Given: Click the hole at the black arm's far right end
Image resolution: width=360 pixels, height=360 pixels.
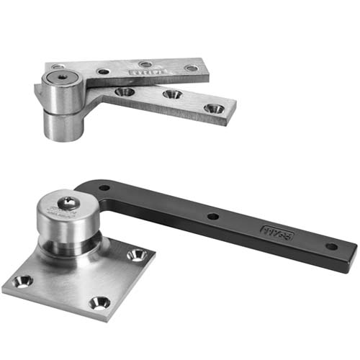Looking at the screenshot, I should [x=331, y=246].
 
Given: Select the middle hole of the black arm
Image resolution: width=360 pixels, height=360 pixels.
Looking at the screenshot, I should [x=213, y=215].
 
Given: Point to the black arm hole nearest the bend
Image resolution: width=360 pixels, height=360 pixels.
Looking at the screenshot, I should [x=105, y=188].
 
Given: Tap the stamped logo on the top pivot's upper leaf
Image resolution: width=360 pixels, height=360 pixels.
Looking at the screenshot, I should [x=142, y=72].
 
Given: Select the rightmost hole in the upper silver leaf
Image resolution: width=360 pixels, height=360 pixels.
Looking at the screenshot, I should [x=191, y=68].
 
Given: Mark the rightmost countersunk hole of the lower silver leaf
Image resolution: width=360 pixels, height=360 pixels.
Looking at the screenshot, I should [x=212, y=108].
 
